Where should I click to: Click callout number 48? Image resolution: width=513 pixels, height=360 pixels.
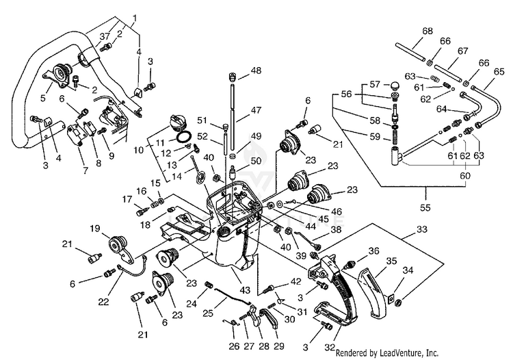(x=255, y=70)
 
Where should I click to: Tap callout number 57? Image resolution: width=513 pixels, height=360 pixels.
(x=374, y=84)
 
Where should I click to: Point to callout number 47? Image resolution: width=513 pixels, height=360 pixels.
(x=255, y=110)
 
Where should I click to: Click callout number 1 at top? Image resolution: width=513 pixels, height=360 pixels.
(x=135, y=16)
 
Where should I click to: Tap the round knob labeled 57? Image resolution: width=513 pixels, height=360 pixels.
(x=395, y=85)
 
